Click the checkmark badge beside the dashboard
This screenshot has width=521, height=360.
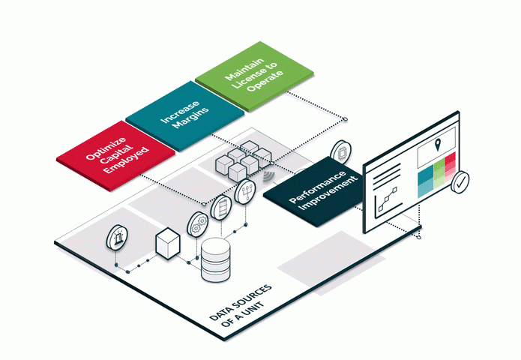(x=460, y=181)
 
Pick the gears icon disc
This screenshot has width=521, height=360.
(x=198, y=222)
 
